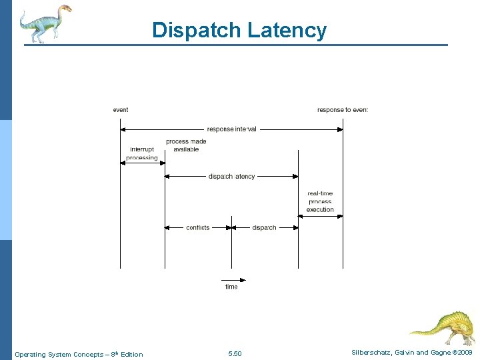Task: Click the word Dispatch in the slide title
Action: click(197, 30)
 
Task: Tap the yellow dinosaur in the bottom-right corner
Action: click(443, 326)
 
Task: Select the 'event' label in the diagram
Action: click(121, 110)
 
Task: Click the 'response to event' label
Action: click(342, 110)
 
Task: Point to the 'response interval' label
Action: click(231, 129)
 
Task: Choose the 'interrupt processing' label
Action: click(142, 153)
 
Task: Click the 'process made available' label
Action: click(186, 145)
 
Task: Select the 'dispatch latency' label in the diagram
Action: click(231, 177)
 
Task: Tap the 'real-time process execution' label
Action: click(320, 201)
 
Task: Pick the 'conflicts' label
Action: click(198, 228)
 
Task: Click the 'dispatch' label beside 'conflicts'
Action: click(264, 228)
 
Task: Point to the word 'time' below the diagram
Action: click(231, 287)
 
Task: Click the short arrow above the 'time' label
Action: click(233, 280)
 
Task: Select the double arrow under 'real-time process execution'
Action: click(320, 216)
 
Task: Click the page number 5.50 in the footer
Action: click(235, 354)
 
